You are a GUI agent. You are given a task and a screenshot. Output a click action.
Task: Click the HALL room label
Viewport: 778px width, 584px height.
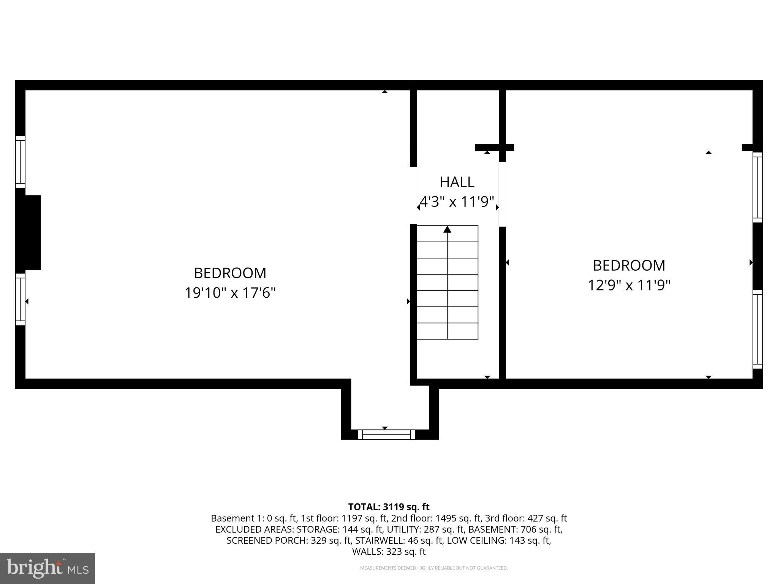pos(457,182)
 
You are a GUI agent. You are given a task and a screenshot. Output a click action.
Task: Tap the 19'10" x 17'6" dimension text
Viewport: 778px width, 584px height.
pos(230,293)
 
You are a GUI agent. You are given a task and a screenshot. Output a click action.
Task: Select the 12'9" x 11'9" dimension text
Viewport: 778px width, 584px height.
pos(629,285)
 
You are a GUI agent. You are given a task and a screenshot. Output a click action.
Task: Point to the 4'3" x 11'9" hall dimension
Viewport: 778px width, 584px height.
pos(457,202)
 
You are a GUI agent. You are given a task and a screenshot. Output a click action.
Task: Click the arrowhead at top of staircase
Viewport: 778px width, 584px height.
pos(447,229)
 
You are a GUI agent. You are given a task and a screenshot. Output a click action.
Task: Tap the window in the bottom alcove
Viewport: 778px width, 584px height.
pos(386,434)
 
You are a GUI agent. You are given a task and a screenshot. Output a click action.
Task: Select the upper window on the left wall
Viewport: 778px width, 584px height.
pos(20,162)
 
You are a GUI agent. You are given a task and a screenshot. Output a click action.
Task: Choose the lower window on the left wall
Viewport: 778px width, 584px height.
pos(20,299)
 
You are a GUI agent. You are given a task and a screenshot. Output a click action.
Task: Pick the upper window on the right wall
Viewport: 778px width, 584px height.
pos(757,187)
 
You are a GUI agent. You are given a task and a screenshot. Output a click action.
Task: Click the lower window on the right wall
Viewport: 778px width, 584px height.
pos(757,329)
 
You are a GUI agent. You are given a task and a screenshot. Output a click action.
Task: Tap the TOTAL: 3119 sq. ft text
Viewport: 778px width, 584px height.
pos(389,507)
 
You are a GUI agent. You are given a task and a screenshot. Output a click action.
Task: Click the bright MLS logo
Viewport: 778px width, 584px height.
pos(47,568)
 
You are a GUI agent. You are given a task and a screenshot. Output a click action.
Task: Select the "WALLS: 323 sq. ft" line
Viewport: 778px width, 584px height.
pos(389,552)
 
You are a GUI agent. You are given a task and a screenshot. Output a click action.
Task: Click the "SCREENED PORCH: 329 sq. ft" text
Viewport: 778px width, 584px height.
pos(266,540)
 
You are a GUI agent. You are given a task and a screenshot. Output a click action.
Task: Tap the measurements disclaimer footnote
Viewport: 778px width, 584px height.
pos(434,568)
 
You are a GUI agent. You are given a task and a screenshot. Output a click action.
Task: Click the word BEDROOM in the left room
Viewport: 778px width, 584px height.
pos(230,273)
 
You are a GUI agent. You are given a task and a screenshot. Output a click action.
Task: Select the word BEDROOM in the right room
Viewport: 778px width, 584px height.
pos(629,265)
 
